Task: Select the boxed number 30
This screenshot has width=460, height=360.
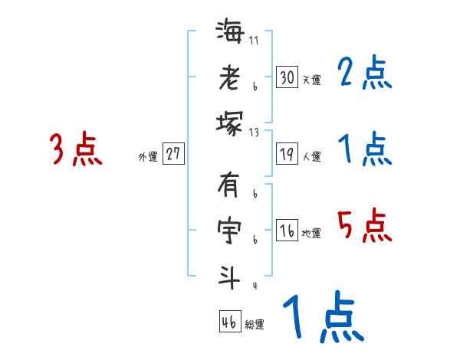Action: click(287, 77)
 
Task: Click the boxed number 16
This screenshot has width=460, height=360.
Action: click(287, 231)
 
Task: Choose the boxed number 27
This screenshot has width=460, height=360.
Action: click(173, 154)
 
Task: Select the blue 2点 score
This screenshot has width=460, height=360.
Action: click(366, 73)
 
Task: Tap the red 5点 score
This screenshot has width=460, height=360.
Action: click(365, 227)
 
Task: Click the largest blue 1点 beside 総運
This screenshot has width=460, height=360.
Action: click(321, 319)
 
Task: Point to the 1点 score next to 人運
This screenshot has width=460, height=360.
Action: click(365, 149)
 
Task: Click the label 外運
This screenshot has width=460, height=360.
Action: click(147, 156)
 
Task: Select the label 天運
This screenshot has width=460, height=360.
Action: click(310, 80)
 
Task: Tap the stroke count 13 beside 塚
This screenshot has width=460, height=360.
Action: click(254, 132)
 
